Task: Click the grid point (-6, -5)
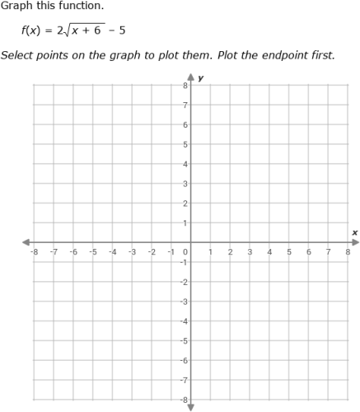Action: point(72,340)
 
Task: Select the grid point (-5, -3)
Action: point(92,302)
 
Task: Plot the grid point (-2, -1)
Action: point(152,262)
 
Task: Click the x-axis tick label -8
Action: point(34,252)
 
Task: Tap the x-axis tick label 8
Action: point(348,252)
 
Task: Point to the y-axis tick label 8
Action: point(185,85)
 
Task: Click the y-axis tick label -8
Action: point(184,400)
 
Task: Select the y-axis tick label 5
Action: point(185,144)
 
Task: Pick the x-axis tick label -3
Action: point(132,252)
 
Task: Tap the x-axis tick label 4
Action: point(269,252)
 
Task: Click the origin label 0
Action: point(185,252)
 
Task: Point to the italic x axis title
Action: point(354,232)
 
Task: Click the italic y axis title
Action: point(200,78)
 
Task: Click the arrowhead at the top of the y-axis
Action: point(190,77)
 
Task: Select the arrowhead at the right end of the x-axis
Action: point(353,242)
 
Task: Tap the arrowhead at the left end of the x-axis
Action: point(27,242)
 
